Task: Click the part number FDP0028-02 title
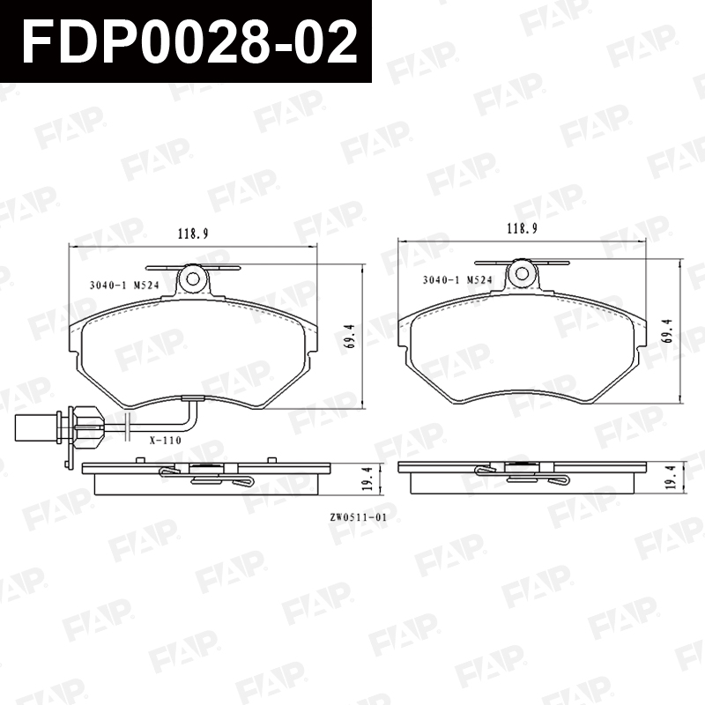tap(189, 41)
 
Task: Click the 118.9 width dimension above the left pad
tap(193, 234)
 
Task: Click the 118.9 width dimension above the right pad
tap(522, 229)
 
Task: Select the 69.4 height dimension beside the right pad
tap(667, 331)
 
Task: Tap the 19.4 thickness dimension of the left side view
tap(367, 478)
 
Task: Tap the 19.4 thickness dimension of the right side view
tap(673, 477)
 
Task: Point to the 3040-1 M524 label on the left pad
tap(124, 285)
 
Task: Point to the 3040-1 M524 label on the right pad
tap(457, 279)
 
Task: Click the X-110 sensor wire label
tap(166, 440)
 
